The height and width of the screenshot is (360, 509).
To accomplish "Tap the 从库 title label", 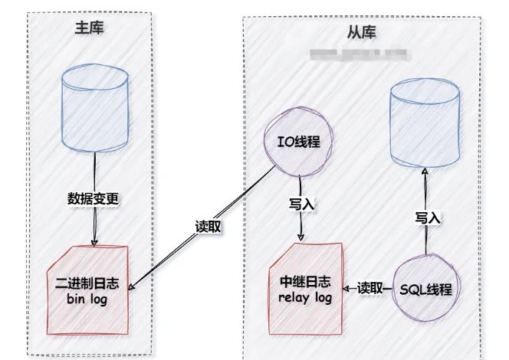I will pos(361,34).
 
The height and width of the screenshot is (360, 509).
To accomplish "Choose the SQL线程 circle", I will pos(425,290).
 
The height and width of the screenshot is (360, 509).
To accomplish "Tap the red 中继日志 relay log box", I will pos(304,288).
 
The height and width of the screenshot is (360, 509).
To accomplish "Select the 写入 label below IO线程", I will pos(301,204).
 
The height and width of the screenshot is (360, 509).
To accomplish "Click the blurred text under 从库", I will pos(360,54).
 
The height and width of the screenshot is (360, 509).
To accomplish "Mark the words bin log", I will pos(93,299).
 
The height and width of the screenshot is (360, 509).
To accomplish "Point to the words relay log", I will pos(305,297).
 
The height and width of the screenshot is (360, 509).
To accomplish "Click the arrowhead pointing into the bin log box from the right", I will pos(131,289).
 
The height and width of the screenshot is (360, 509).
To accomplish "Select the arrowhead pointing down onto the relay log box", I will pos(301,237).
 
